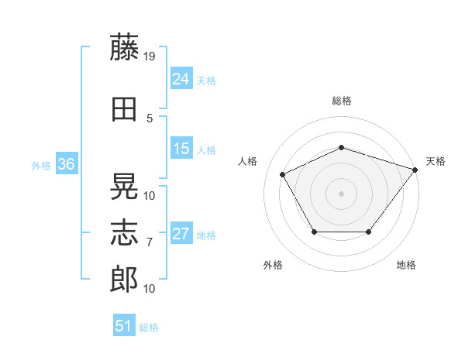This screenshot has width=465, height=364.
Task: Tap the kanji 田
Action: coord(124,109)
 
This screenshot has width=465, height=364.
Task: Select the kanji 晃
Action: coord(124,186)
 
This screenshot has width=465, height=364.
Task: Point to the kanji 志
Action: coord(124,232)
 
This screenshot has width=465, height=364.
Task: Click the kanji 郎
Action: coord(124,279)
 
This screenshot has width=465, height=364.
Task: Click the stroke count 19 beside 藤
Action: coord(150,56)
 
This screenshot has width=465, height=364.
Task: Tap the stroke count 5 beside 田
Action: coord(150,118)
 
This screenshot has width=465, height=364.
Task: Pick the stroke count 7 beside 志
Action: coord(150,242)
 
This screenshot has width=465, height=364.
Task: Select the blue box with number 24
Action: coord(181,79)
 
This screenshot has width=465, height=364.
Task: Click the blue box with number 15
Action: coord(181,149)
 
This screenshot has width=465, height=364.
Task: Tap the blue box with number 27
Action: coord(181,234)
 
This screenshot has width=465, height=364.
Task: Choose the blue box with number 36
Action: coord(66,164)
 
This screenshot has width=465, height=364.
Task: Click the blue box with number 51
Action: coord(124,326)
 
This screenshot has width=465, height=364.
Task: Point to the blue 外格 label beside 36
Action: coord(41,165)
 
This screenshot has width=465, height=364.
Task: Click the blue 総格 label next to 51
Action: coord(149,328)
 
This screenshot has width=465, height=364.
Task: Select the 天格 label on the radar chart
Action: coord(436,161)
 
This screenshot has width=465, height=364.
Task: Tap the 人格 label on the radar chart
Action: coord(248,161)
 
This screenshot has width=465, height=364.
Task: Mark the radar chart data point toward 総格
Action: coord(341,147)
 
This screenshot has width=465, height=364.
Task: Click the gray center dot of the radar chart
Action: coord(341,194)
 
